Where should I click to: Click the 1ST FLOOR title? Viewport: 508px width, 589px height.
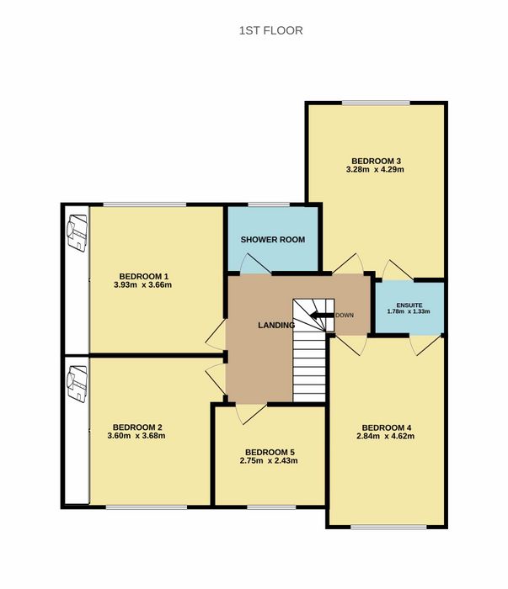pos(270,30)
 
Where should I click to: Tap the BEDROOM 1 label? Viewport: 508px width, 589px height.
pos(142,276)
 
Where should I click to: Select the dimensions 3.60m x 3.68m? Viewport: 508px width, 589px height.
pos(136,436)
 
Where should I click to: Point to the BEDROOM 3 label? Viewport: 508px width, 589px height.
pos(376,162)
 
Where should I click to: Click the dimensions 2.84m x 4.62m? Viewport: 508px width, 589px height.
pos(385,436)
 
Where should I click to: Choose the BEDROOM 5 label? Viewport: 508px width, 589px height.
pos(270,453)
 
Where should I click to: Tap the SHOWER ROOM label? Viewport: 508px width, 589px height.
pos(273,240)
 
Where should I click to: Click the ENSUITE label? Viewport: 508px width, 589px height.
pos(409,305)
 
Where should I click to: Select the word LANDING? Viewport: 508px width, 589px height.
pos(276,325)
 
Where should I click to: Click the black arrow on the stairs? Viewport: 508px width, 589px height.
pos(323,316)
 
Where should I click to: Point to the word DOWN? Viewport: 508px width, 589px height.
pos(345,316)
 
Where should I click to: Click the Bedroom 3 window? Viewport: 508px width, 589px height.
pos(376,103)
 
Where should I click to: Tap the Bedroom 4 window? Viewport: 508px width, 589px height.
pos(389,527)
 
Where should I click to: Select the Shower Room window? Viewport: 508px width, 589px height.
pos(269,204)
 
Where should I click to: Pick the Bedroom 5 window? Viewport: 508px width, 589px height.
pos(271,507)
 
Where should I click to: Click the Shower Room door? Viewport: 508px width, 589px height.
pos(256,263)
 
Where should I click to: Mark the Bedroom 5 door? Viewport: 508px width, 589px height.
pos(251,414)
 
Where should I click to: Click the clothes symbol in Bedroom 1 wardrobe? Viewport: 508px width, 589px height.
pos(77,233)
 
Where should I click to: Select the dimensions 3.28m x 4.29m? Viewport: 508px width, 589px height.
pos(375,169)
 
